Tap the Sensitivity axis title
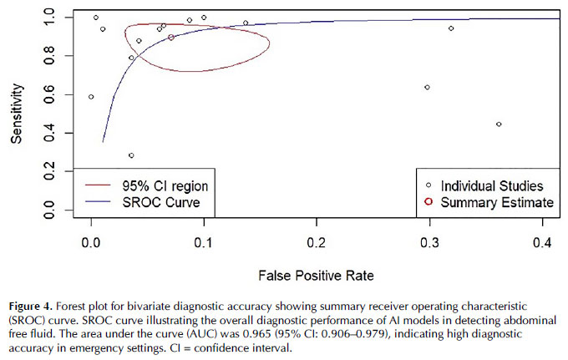17,115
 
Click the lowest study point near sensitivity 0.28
131,155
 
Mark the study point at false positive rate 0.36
499,124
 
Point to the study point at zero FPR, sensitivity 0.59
91,97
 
